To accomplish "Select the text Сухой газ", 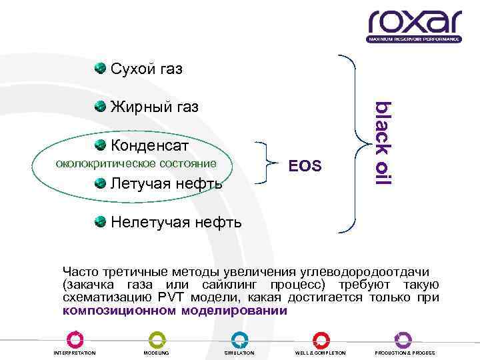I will (x=147, y=69).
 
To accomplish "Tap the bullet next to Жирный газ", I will (x=100, y=107).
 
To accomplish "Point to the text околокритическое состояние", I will (x=135, y=163).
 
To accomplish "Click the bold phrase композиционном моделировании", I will (x=175, y=311).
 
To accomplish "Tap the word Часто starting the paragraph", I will (x=81, y=271).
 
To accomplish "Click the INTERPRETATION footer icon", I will (x=75, y=339).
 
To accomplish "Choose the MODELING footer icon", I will (x=157, y=339).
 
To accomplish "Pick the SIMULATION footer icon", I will (x=239, y=339).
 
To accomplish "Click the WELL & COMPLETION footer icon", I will (x=322, y=339).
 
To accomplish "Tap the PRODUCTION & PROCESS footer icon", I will (x=404, y=339).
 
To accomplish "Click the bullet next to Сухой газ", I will (x=100, y=69).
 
